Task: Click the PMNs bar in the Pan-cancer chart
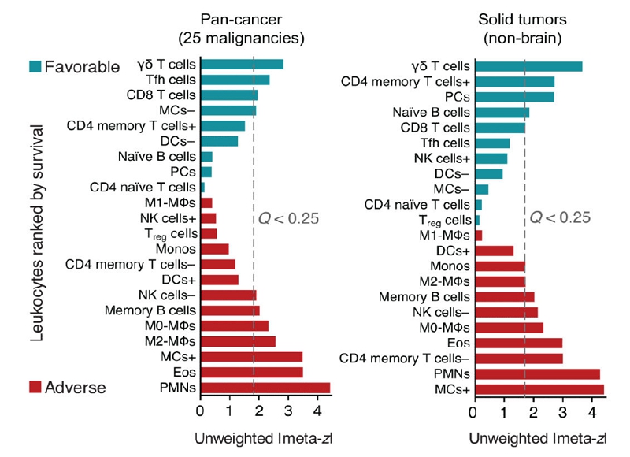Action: [265, 387]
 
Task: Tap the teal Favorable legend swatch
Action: [39, 66]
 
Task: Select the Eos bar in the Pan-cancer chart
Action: [252, 372]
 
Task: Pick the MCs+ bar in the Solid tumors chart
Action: [539, 389]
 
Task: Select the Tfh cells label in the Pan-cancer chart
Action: [171, 80]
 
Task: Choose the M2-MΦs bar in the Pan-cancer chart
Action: [239, 341]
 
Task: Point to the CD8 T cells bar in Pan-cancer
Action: [229, 95]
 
